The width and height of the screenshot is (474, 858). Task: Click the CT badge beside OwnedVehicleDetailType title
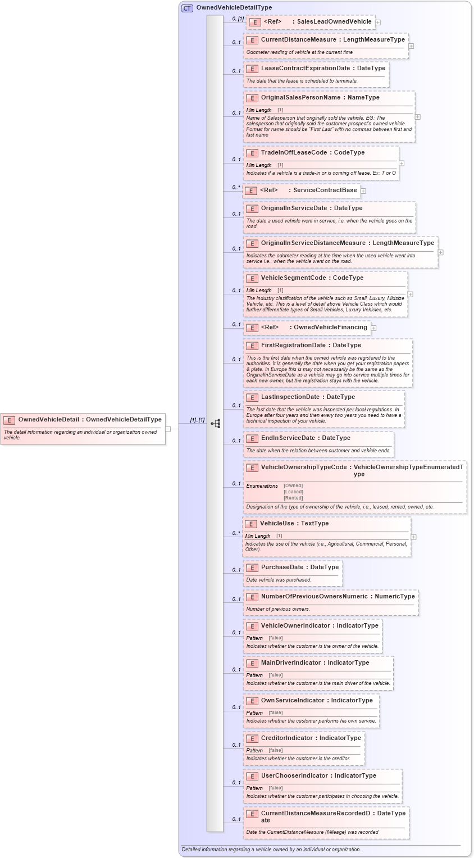[x=187, y=8]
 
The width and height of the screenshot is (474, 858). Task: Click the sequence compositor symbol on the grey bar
[x=216, y=423]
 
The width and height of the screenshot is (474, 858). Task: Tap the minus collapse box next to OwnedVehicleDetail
[x=168, y=429]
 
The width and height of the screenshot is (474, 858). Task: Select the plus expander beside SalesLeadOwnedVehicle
[x=378, y=22]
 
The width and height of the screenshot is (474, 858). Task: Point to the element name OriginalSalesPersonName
[x=300, y=97]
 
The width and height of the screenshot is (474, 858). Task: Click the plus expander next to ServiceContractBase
[x=363, y=190]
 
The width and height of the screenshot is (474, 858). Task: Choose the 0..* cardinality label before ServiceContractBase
[x=236, y=187]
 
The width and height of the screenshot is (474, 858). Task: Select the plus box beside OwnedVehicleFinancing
[x=373, y=328]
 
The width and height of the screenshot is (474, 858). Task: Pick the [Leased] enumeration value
[x=293, y=492]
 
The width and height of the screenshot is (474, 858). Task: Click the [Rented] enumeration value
[x=293, y=498]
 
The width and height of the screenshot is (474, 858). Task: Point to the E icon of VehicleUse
[x=251, y=524]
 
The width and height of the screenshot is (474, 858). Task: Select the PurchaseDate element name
[x=282, y=567]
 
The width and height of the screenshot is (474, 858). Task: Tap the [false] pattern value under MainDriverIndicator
[x=275, y=675]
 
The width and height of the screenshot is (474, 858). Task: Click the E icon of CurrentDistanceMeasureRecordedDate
[x=252, y=814]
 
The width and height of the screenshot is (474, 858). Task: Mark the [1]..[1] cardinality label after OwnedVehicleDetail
[x=197, y=420]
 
